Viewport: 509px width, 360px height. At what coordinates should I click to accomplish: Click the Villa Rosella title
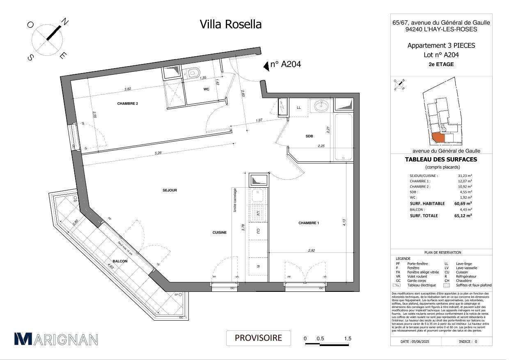click(230, 24)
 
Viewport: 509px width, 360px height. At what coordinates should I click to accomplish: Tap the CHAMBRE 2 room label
click(127, 103)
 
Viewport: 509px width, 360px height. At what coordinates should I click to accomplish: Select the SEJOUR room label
click(170, 190)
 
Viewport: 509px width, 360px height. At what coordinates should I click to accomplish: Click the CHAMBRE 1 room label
click(309, 223)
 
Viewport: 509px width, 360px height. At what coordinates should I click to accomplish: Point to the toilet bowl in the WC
click(193, 73)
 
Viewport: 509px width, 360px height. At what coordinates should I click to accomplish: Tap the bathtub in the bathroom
click(343, 137)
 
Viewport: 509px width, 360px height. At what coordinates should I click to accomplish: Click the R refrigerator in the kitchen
click(258, 267)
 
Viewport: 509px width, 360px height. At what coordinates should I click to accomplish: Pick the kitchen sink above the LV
click(258, 196)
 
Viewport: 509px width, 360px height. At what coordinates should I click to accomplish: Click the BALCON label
click(120, 261)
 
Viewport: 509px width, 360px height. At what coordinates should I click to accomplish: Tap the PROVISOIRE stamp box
click(258, 338)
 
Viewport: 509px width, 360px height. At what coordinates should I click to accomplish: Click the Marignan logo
click(56, 339)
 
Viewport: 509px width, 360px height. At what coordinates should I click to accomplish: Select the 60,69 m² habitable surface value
click(463, 203)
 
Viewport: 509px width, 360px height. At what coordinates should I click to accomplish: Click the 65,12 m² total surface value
click(463, 216)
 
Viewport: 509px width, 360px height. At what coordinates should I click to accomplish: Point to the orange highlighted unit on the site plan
click(438, 137)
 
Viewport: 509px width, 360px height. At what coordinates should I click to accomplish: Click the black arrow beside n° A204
click(266, 65)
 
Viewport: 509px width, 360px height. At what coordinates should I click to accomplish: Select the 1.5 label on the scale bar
click(348, 339)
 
